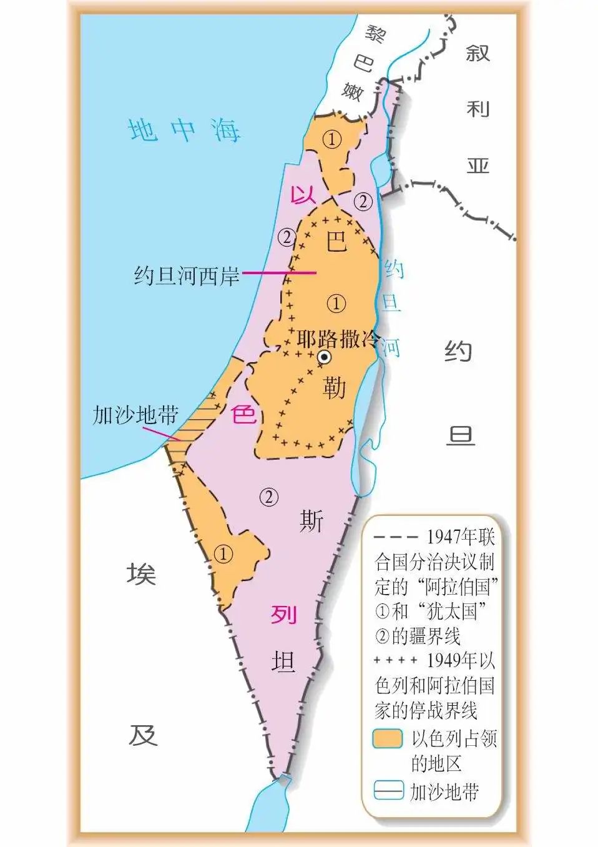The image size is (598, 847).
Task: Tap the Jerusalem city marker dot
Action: point(324,357)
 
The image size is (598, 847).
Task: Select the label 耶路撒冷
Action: point(338,340)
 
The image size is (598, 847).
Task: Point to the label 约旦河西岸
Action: point(187,275)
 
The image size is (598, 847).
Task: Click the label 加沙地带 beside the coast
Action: point(135,415)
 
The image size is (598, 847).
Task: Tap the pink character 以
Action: point(303,196)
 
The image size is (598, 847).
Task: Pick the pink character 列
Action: point(283,615)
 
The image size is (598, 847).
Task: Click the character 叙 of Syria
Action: point(478,52)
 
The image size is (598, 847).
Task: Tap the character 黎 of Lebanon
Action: point(376,34)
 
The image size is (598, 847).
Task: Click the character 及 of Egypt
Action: point(142,735)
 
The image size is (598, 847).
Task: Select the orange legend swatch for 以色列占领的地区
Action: point(387,739)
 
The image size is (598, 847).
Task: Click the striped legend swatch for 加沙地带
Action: point(388,791)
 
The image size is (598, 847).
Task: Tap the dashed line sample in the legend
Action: point(396,537)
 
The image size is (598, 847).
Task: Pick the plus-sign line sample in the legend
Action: point(396,660)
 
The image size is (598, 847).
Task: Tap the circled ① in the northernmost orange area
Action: point(332,139)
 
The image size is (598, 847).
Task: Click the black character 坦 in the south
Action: point(283,661)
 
